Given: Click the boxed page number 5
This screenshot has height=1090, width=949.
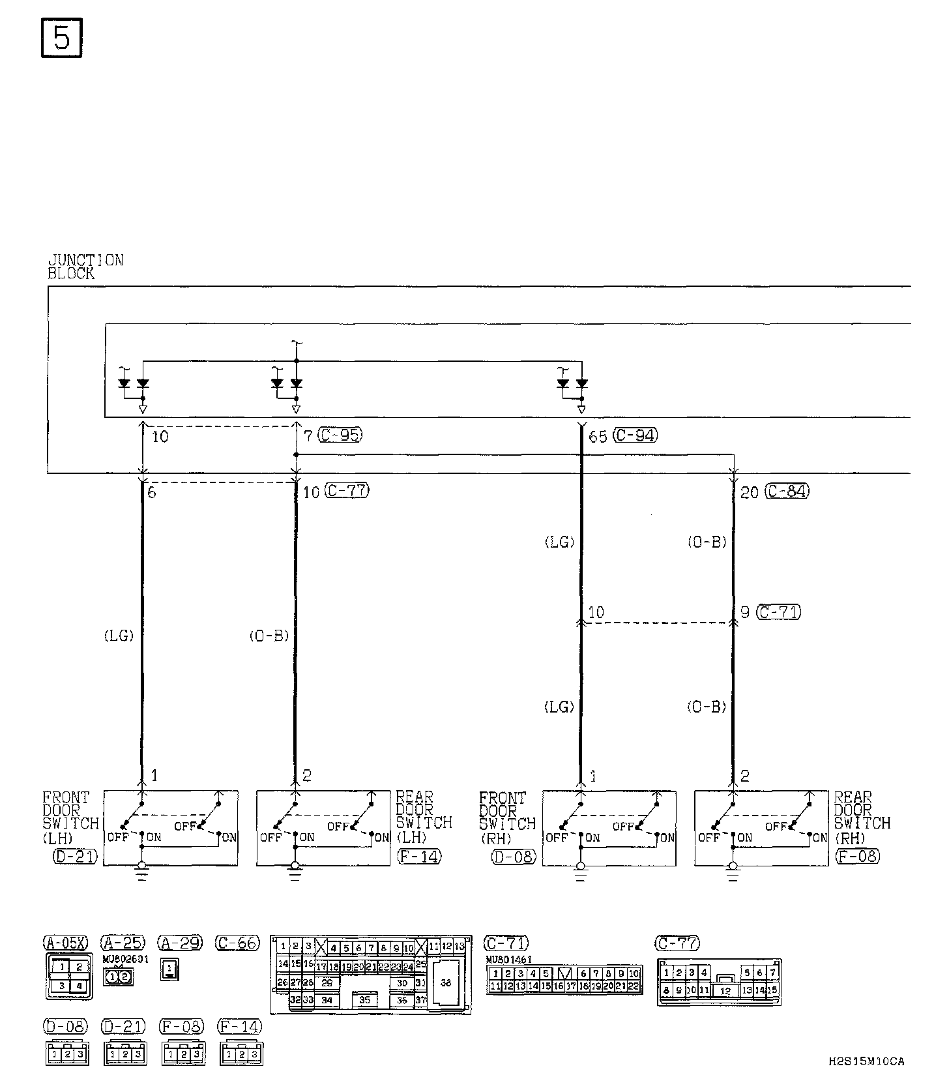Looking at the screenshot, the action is [61, 38].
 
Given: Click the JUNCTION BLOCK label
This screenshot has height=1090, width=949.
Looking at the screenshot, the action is [85, 267].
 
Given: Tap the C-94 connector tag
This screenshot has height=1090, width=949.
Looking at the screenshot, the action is [635, 435].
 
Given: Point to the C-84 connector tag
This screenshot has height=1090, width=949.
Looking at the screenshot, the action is [787, 491].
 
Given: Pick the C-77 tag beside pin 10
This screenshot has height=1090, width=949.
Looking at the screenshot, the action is [347, 491].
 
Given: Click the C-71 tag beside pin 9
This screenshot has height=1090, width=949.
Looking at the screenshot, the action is [779, 612].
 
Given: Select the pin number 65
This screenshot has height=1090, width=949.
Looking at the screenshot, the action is [598, 436].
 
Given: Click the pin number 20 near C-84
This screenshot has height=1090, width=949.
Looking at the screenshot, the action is [750, 492].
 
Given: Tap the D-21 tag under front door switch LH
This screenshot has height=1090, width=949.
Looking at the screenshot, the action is [74, 856].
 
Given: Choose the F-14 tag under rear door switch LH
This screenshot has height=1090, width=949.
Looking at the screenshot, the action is [419, 856].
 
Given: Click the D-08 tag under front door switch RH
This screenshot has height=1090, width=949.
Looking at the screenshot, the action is [514, 856].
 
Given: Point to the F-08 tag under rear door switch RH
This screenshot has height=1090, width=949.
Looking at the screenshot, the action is [857, 856].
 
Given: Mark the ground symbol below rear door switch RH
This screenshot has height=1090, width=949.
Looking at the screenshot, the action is [733, 872].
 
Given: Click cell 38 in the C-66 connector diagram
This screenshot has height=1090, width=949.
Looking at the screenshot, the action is [446, 982].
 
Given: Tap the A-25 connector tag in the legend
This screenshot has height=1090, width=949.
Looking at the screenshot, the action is [123, 943].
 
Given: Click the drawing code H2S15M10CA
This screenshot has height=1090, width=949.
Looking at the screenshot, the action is [866, 1061].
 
